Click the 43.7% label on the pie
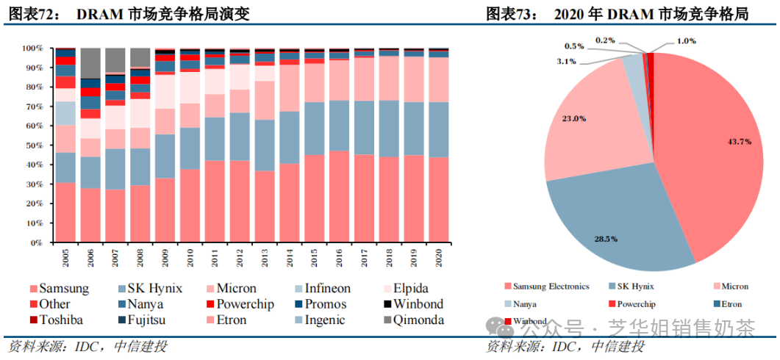point(739,141)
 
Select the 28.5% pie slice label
point(607,239)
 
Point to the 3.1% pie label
point(566,61)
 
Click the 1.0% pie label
point(686,41)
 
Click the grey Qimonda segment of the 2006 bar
point(90,63)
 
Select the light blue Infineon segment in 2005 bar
point(66,112)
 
